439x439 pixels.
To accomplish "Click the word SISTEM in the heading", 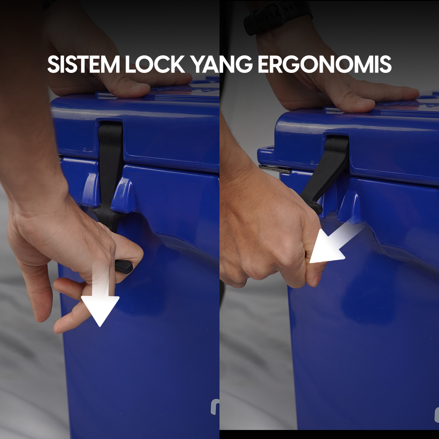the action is point(84,64).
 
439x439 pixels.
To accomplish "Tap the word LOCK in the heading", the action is point(155,64).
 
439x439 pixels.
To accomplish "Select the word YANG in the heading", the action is point(222,64).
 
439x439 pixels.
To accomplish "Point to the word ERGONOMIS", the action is point(325,64).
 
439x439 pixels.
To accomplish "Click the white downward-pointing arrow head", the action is point(100,310).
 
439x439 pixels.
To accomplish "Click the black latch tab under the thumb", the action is point(123,266).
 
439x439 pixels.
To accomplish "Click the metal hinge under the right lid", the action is point(275,168).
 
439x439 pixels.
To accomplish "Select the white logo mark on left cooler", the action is point(215,407).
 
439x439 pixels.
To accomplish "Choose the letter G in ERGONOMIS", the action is point(291,64).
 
